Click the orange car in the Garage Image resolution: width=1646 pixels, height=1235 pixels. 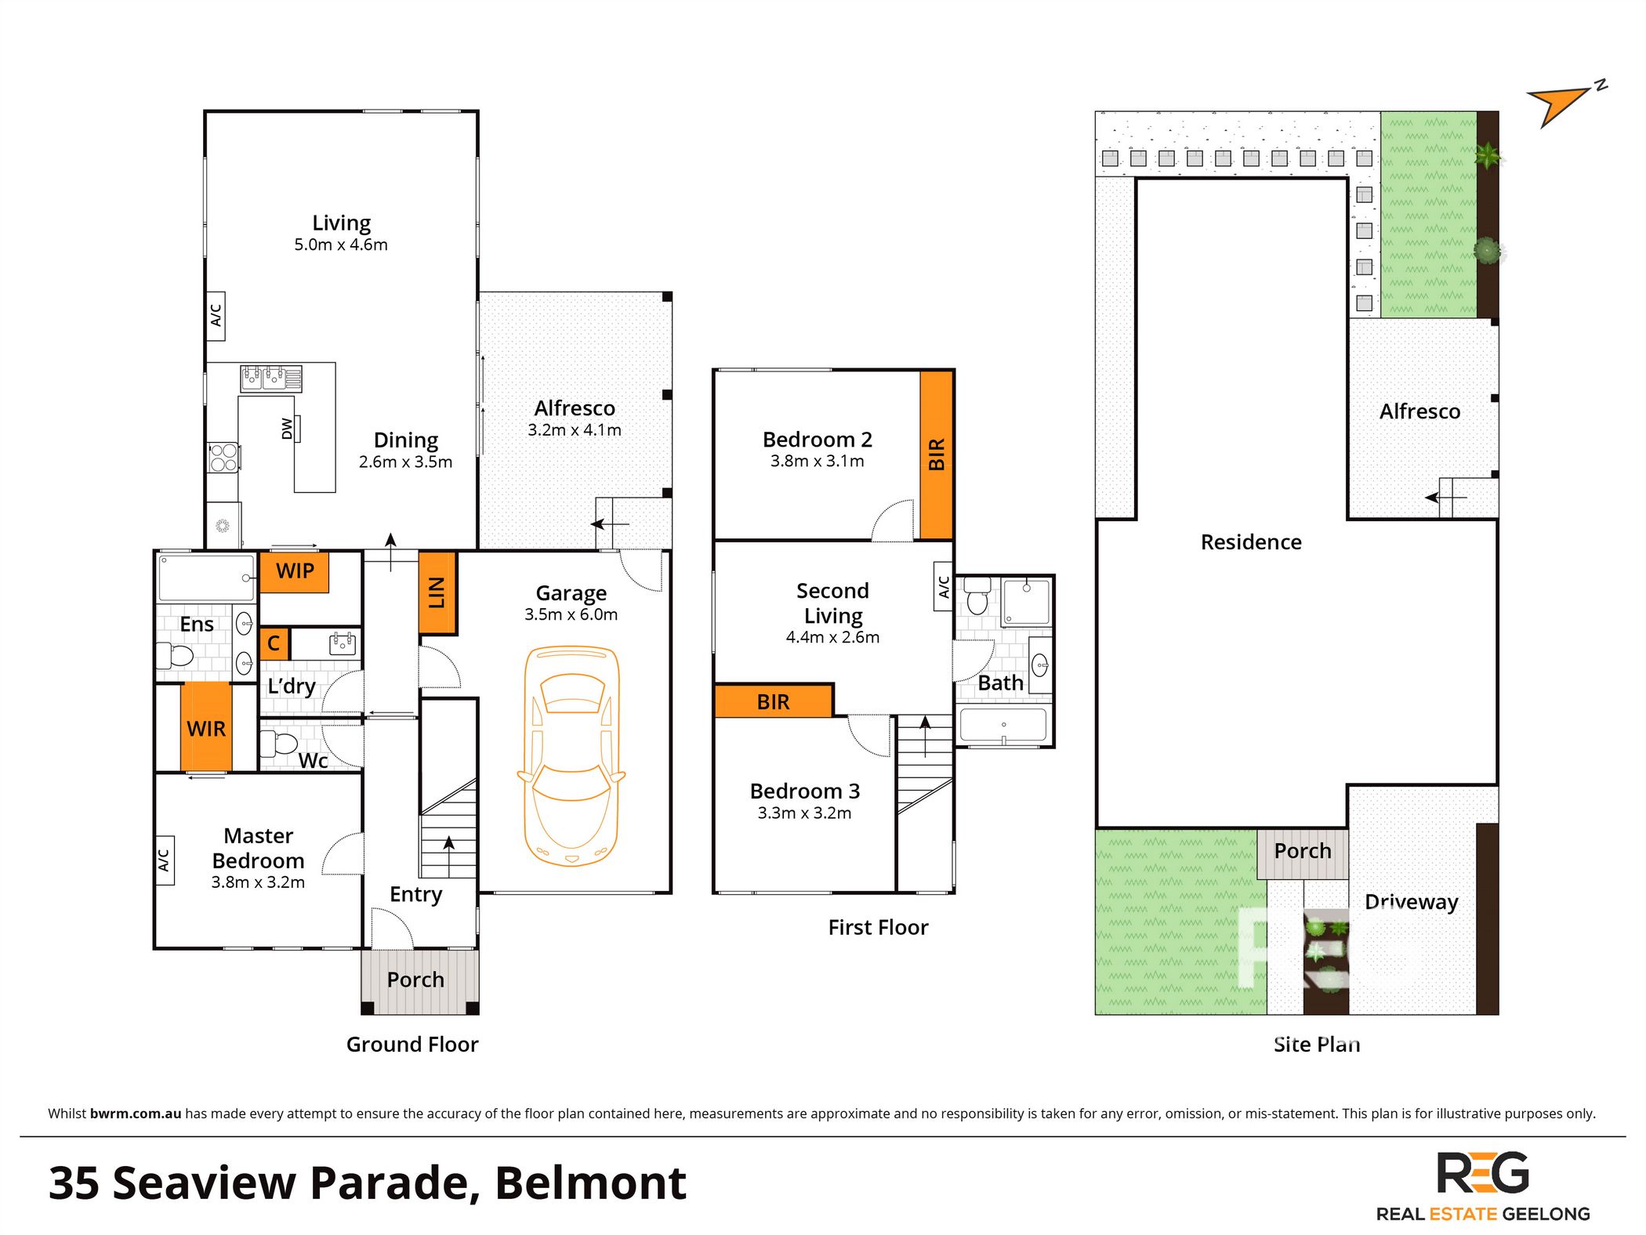click(571, 755)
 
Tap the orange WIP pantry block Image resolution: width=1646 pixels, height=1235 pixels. click(294, 571)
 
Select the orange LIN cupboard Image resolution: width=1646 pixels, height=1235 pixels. click(437, 592)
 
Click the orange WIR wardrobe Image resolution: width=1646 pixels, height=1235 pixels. click(206, 726)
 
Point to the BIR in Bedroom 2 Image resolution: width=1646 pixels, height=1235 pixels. click(937, 455)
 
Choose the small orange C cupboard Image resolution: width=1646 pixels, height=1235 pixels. click(274, 643)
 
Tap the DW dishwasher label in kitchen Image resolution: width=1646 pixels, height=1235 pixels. click(288, 429)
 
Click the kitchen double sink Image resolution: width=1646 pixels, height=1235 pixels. click(270, 378)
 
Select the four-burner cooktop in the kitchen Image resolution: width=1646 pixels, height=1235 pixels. click(223, 458)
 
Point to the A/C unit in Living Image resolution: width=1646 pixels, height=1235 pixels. click(216, 316)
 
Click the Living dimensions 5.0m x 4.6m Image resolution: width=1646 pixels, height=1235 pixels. click(341, 244)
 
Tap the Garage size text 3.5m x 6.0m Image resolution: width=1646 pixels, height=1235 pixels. click(571, 614)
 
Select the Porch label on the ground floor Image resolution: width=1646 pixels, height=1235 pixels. click(415, 980)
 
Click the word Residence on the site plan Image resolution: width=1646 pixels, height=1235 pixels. click(1251, 541)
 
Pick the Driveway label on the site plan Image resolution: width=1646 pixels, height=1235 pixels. click(1412, 902)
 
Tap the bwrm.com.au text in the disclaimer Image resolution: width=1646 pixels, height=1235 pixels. click(136, 1114)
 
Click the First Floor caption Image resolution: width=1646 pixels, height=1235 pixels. click(878, 927)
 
